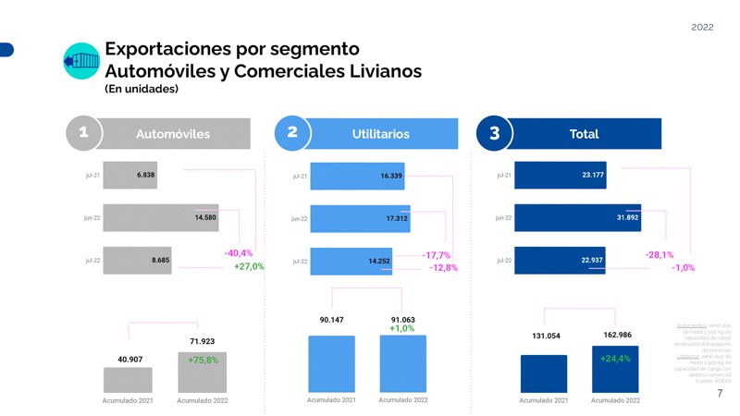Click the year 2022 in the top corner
click(x=702, y=28)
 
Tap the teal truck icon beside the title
click(x=80, y=61)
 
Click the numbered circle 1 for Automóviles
click(x=84, y=133)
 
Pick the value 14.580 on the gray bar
click(x=205, y=217)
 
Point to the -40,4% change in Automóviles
click(x=238, y=252)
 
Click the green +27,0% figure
click(x=249, y=266)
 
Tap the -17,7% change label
click(x=436, y=255)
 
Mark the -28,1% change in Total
click(x=659, y=254)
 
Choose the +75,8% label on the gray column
click(x=203, y=360)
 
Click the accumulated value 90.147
click(x=330, y=320)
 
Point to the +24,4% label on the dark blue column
click(x=615, y=359)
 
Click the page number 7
click(x=720, y=394)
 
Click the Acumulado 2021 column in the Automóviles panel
click(x=128, y=380)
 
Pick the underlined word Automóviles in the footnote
click(x=691, y=325)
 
